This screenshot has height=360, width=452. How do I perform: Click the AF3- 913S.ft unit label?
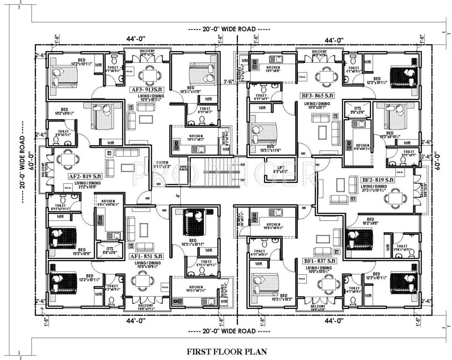(147, 88)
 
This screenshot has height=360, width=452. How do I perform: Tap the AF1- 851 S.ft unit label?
(146, 256)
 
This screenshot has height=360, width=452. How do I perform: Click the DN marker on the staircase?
(242, 165)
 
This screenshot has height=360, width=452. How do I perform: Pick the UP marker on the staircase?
(242, 180)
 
